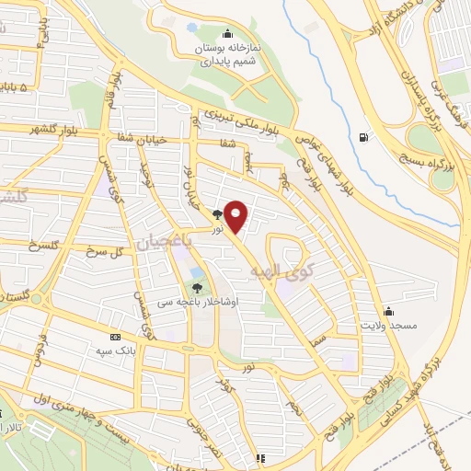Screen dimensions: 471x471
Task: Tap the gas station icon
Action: tap(364, 139)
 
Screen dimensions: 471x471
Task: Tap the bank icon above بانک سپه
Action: tap(114, 336)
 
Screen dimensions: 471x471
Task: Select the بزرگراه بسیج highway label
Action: tap(439, 150)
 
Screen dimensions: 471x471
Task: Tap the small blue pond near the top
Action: tap(191, 29)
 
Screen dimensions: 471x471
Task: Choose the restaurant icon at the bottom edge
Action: tap(260, 457)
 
